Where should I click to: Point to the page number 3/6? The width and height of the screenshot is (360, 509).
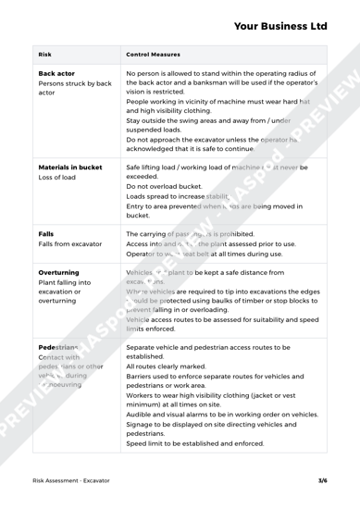click(x=321, y=481)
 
